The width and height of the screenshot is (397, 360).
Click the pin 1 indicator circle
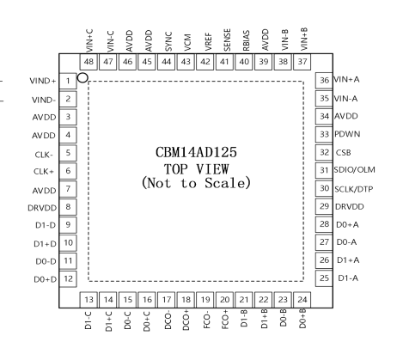(82, 77)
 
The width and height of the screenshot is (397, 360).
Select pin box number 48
(89, 62)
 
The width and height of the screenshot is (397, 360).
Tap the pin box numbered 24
(302, 300)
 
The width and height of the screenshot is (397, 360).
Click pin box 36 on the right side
(324, 81)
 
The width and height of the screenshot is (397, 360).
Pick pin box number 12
(68, 278)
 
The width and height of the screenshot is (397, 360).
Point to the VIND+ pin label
(43, 81)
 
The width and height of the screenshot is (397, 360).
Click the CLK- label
(44, 155)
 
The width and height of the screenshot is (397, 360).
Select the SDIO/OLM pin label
(355, 170)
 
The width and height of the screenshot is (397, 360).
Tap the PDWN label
(347, 134)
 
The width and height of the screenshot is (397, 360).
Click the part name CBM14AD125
(196, 152)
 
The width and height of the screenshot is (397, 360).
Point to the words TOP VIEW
(197, 168)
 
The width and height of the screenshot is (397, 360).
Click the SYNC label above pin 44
(168, 42)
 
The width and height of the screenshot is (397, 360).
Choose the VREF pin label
(209, 42)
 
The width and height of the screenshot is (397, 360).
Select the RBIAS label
(246, 40)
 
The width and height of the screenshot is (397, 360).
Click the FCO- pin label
(206, 321)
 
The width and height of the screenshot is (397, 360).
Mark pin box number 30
(324, 188)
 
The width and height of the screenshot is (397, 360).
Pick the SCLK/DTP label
(354, 189)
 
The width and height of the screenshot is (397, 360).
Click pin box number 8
(68, 207)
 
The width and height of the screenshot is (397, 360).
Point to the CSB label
(343, 153)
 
